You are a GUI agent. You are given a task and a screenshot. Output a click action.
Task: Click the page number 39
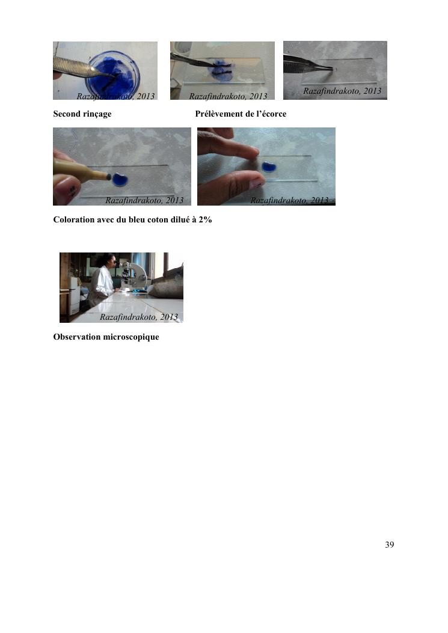pyautogui.click(x=390, y=545)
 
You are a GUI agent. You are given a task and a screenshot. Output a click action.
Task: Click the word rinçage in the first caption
pyautogui.click(x=97, y=114)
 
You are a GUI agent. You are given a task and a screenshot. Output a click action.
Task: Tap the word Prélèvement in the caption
pyautogui.click(x=219, y=114)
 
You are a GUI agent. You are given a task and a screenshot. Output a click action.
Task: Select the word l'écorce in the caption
pyautogui.click(x=271, y=114)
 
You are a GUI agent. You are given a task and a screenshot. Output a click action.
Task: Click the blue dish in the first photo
pyautogui.click(x=112, y=75)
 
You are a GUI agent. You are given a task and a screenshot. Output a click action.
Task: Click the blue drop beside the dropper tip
pyautogui.click(x=120, y=180)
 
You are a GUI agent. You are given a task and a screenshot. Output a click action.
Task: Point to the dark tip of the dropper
pyautogui.click(x=108, y=176)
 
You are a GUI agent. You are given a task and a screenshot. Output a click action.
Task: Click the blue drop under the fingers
pyautogui.click(x=269, y=167)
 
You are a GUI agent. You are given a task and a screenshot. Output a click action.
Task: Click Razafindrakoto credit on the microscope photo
pyautogui.click(x=139, y=317)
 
